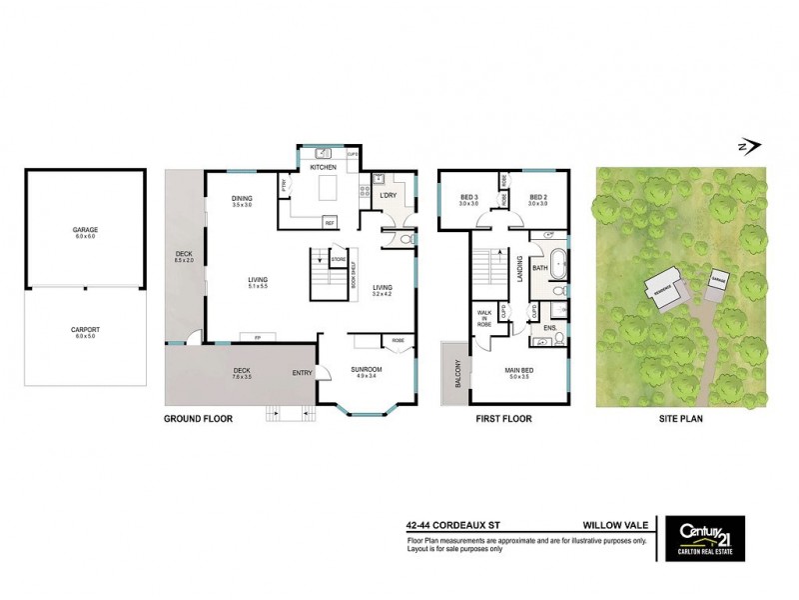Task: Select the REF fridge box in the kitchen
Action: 329,222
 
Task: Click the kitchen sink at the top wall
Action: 324,154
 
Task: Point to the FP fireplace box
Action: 258,337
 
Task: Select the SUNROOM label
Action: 367,369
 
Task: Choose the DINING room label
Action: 242,198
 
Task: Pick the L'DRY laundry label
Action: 390,195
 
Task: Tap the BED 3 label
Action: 469,197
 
